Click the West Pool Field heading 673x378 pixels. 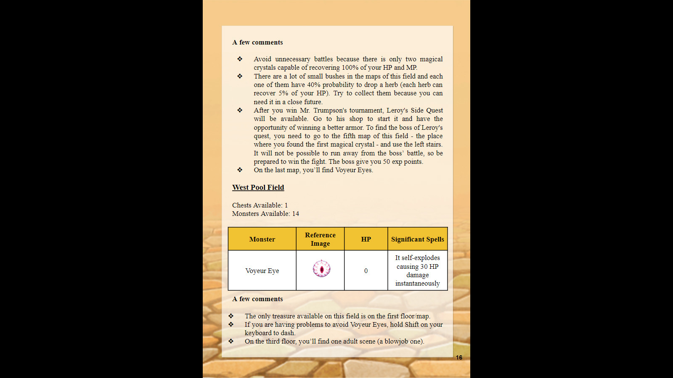coord(258,187)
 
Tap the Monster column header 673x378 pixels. coord(262,239)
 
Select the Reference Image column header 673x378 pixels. coord(320,239)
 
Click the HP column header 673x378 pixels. coord(366,239)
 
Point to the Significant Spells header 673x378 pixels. coord(417,239)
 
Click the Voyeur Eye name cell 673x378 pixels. coord(262,271)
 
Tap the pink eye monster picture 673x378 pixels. coord(321,269)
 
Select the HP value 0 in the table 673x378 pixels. coord(366,271)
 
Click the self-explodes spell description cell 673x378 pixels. coord(417,270)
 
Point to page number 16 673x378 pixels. coord(459,357)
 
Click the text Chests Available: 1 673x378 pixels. coord(260,205)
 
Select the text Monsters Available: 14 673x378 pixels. coord(265,214)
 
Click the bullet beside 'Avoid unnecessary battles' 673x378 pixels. coord(240,59)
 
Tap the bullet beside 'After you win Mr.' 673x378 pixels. coord(240,110)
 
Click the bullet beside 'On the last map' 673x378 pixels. coord(240,170)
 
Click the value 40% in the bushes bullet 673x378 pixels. coord(313,85)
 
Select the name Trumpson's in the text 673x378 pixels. coord(348,110)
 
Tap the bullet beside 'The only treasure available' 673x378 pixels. coord(231,316)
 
